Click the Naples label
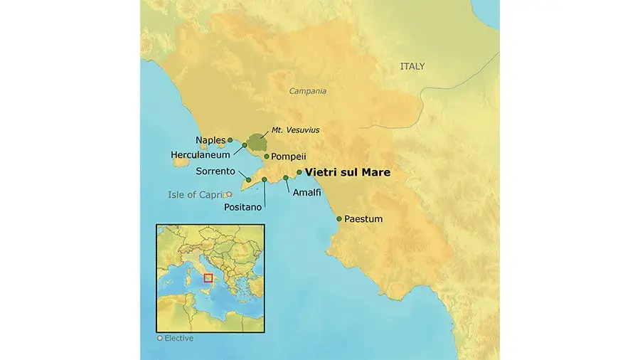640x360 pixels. (x=210, y=140)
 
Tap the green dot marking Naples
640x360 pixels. (x=230, y=140)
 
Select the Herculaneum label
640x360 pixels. (x=201, y=154)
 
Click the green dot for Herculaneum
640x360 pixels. (x=245, y=145)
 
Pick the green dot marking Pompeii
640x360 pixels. (x=267, y=157)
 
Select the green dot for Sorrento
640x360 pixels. (x=247, y=180)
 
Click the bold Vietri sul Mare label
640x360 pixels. (x=348, y=172)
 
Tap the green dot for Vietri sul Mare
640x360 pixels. (x=299, y=172)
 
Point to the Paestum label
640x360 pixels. (x=363, y=219)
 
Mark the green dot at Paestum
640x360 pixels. (x=339, y=219)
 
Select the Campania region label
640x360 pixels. (x=308, y=91)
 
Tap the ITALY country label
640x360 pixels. (x=412, y=66)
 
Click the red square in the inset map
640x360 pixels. (x=208, y=278)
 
